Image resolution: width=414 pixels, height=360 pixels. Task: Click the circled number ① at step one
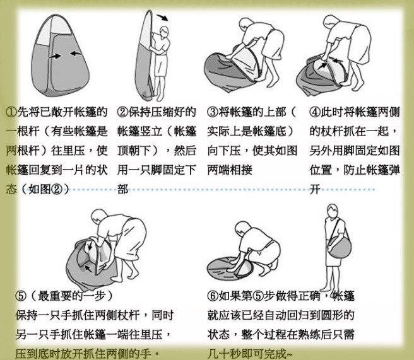pos(11,112)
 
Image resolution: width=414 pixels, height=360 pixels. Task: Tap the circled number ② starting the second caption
pos(123,112)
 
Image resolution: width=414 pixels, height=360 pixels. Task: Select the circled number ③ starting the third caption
pos(213,112)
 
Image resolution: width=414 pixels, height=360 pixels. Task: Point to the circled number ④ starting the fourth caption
pos(315,112)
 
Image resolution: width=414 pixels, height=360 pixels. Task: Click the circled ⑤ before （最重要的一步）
pos(21,296)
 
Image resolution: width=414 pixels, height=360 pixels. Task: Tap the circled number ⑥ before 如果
pos(213,296)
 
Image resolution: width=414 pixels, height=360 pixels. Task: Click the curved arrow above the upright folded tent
pos(162,18)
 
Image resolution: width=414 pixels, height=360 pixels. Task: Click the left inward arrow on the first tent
pos(55,56)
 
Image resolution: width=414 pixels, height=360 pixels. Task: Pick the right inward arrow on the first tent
pos(76,54)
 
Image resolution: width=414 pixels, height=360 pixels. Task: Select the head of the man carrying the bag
pos(333,211)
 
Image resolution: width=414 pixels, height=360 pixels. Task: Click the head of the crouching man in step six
pos(242,228)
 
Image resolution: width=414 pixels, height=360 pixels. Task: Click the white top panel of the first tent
pos(54,28)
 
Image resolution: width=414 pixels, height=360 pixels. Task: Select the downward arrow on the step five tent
pos(90,246)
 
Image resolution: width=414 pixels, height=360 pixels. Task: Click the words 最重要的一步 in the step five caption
pos(71,296)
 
